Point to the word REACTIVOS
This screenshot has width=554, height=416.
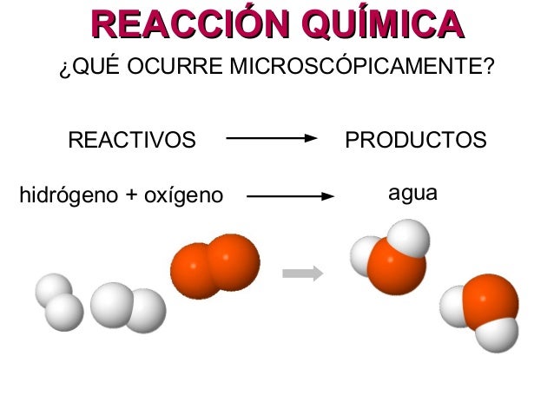(x=132, y=140)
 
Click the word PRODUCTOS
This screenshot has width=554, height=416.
(x=416, y=140)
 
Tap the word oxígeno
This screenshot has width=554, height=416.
(x=178, y=194)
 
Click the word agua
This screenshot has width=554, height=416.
(x=412, y=192)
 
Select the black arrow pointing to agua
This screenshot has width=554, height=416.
(x=291, y=195)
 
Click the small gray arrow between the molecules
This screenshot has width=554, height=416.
(x=303, y=274)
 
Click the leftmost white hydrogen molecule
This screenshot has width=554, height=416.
(x=59, y=301)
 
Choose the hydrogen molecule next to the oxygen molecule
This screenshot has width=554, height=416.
(x=128, y=307)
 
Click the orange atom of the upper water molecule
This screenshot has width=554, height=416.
(x=396, y=267)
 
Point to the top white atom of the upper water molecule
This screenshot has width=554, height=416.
(x=408, y=237)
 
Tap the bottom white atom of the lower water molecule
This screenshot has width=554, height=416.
(x=498, y=334)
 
